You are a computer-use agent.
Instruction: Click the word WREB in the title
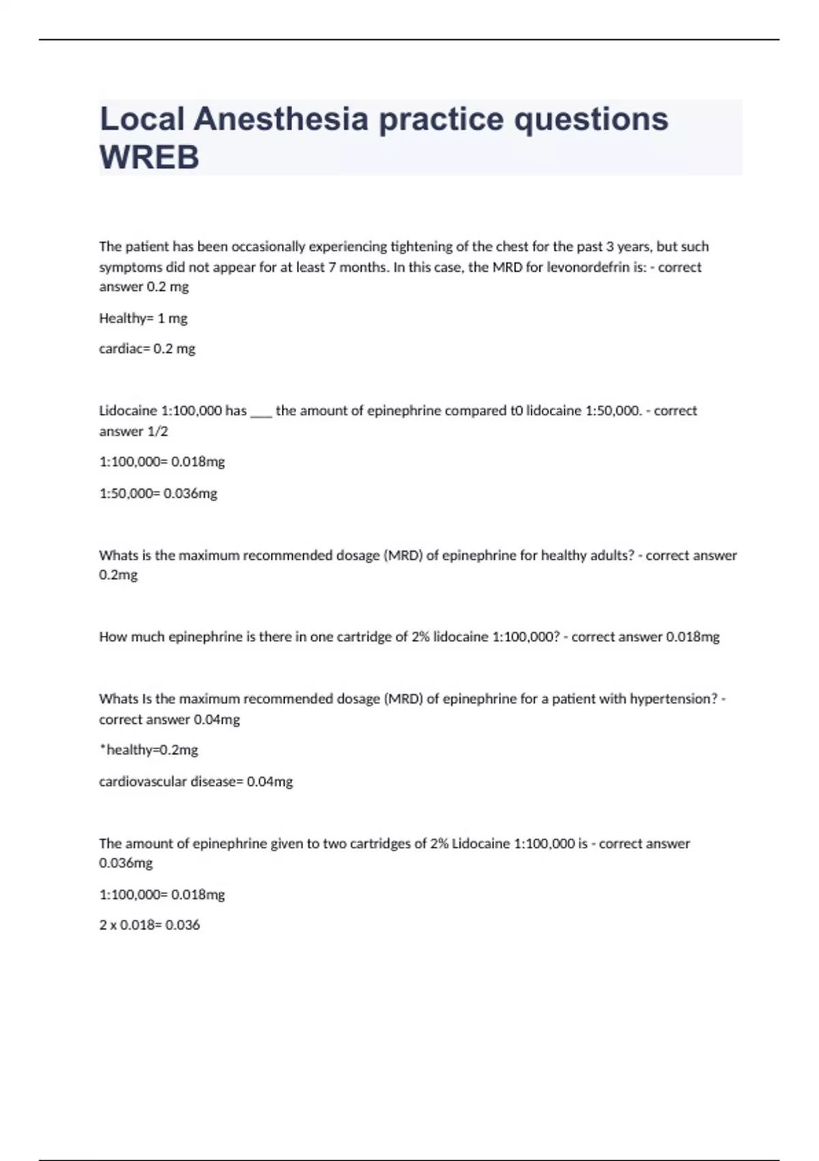click(x=149, y=157)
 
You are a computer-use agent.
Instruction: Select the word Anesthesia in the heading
click(x=281, y=119)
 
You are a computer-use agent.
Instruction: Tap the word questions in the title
click(x=591, y=119)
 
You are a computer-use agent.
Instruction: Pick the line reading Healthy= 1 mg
click(x=143, y=318)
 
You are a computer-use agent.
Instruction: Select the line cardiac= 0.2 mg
click(x=147, y=349)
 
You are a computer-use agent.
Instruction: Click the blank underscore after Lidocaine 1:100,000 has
click(x=261, y=411)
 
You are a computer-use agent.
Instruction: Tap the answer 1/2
click(x=158, y=432)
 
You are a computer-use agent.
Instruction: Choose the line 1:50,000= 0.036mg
click(x=158, y=493)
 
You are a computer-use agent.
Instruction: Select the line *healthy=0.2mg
click(x=149, y=750)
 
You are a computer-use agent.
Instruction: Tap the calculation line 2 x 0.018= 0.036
click(x=149, y=925)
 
